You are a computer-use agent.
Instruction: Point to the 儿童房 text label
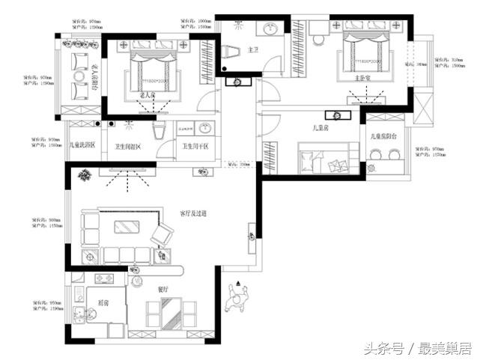pos(323,129)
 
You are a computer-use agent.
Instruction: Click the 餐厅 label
pos(162,289)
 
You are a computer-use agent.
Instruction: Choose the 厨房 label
pos(103,302)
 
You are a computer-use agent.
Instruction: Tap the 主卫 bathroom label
pos(252,50)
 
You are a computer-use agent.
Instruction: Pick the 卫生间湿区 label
pos(128,147)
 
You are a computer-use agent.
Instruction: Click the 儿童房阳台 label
pos(385,136)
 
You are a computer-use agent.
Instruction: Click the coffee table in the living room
pos(124,227)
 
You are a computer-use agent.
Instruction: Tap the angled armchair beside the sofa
pos(162,235)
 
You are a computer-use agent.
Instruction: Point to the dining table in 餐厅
pos(171,311)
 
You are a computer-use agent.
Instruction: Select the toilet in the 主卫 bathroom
pos(230,53)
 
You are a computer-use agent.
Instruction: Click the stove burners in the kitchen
pos(103,279)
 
